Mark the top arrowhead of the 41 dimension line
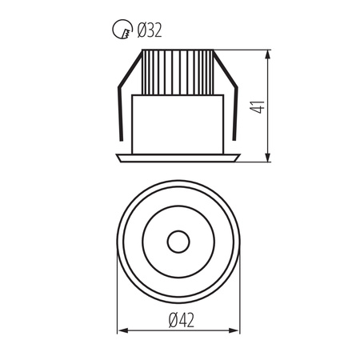pos(268,55)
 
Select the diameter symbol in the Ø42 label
pos(172,319)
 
